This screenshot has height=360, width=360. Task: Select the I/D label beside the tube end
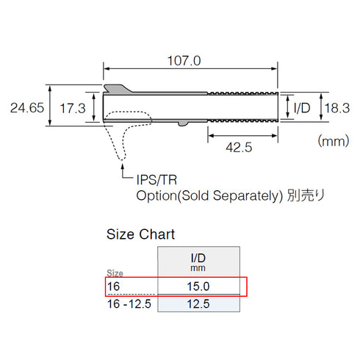click(x=302, y=108)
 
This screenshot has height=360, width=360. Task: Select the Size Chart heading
click(x=141, y=235)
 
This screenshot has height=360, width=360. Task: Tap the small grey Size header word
click(x=116, y=273)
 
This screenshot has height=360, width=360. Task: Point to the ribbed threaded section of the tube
click(x=242, y=107)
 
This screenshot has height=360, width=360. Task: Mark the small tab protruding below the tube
click(x=181, y=123)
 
